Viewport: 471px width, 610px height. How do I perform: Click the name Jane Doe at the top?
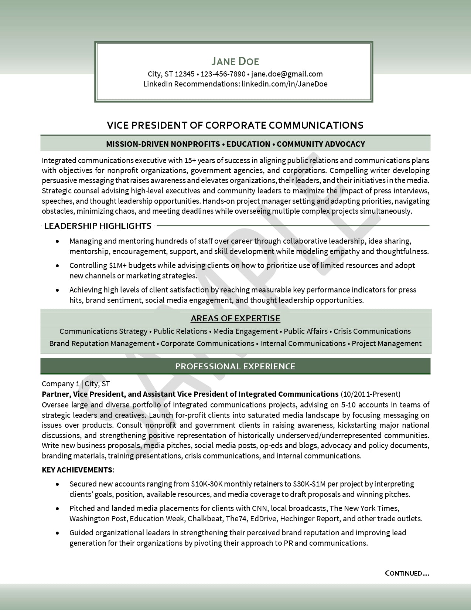(x=235, y=61)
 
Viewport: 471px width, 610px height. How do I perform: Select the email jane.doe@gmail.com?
(x=287, y=74)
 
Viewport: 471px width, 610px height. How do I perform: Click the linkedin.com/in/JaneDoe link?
(x=284, y=84)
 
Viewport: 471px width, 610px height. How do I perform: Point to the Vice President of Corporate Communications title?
(x=235, y=125)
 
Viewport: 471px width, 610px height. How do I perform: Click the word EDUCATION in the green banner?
(x=248, y=144)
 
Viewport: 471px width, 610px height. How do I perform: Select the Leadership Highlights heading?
(x=98, y=226)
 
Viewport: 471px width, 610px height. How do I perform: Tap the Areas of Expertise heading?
(x=235, y=318)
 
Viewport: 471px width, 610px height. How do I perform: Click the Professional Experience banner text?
(x=235, y=366)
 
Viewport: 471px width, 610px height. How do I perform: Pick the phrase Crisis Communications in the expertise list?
(x=372, y=331)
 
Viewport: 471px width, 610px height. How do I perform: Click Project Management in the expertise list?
(x=386, y=343)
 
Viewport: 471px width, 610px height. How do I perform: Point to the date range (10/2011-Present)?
(x=371, y=394)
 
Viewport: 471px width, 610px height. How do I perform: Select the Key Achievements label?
(x=77, y=470)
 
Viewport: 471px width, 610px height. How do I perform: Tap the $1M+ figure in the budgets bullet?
(x=118, y=265)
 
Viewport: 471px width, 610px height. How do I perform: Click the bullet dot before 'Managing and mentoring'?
(x=57, y=241)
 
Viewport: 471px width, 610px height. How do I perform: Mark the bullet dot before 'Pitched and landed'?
(x=57, y=509)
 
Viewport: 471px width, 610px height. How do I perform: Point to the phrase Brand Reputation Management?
(x=102, y=343)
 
